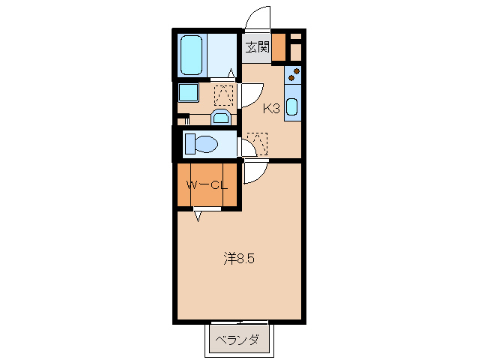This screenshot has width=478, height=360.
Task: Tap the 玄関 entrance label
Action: click(x=256, y=47)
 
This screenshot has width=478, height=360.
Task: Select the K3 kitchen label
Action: click(x=270, y=109)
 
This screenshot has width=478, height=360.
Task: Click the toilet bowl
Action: click(x=201, y=142)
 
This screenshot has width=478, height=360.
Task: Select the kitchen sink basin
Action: click(x=291, y=107)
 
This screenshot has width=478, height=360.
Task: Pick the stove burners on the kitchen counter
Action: click(x=293, y=75)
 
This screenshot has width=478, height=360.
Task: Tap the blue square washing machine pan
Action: click(x=188, y=93)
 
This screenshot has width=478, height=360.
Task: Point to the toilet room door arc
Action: click(x=246, y=147)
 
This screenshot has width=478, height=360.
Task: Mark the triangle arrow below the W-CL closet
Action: click(x=198, y=217)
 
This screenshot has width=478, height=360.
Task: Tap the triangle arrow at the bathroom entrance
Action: click(x=232, y=73)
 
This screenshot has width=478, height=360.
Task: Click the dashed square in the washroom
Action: click(x=223, y=94)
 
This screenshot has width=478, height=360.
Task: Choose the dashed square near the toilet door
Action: click(x=258, y=140)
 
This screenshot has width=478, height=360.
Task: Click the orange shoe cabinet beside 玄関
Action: click(x=279, y=47)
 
